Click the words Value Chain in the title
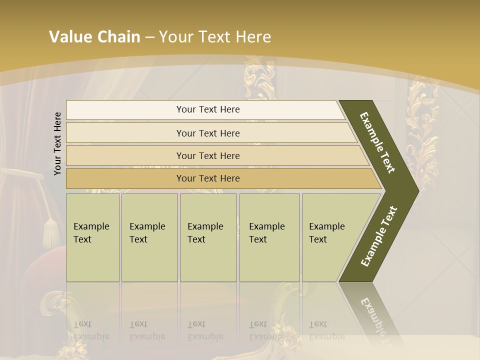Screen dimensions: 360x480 click(x=94, y=37)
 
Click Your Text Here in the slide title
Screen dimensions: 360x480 click(x=215, y=37)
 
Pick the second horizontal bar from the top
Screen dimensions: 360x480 click(x=208, y=133)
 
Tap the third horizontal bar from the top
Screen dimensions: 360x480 click(x=208, y=155)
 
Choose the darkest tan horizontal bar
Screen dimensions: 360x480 click(x=208, y=178)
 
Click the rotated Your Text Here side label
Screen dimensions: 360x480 click(x=57, y=143)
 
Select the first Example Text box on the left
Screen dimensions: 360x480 click(x=92, y=237)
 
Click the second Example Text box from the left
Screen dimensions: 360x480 click(x=149, y=237)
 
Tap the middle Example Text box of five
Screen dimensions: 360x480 click(x=208, y=237)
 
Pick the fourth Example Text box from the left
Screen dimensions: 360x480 click(x=269, y=237)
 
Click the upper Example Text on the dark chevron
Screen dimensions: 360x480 click(x=378, y=142)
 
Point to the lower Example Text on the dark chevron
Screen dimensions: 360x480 click(x=379, y=236)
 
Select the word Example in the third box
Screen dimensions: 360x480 click(x=205, y=226)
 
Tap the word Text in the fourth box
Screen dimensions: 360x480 click(x=258, y=239)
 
